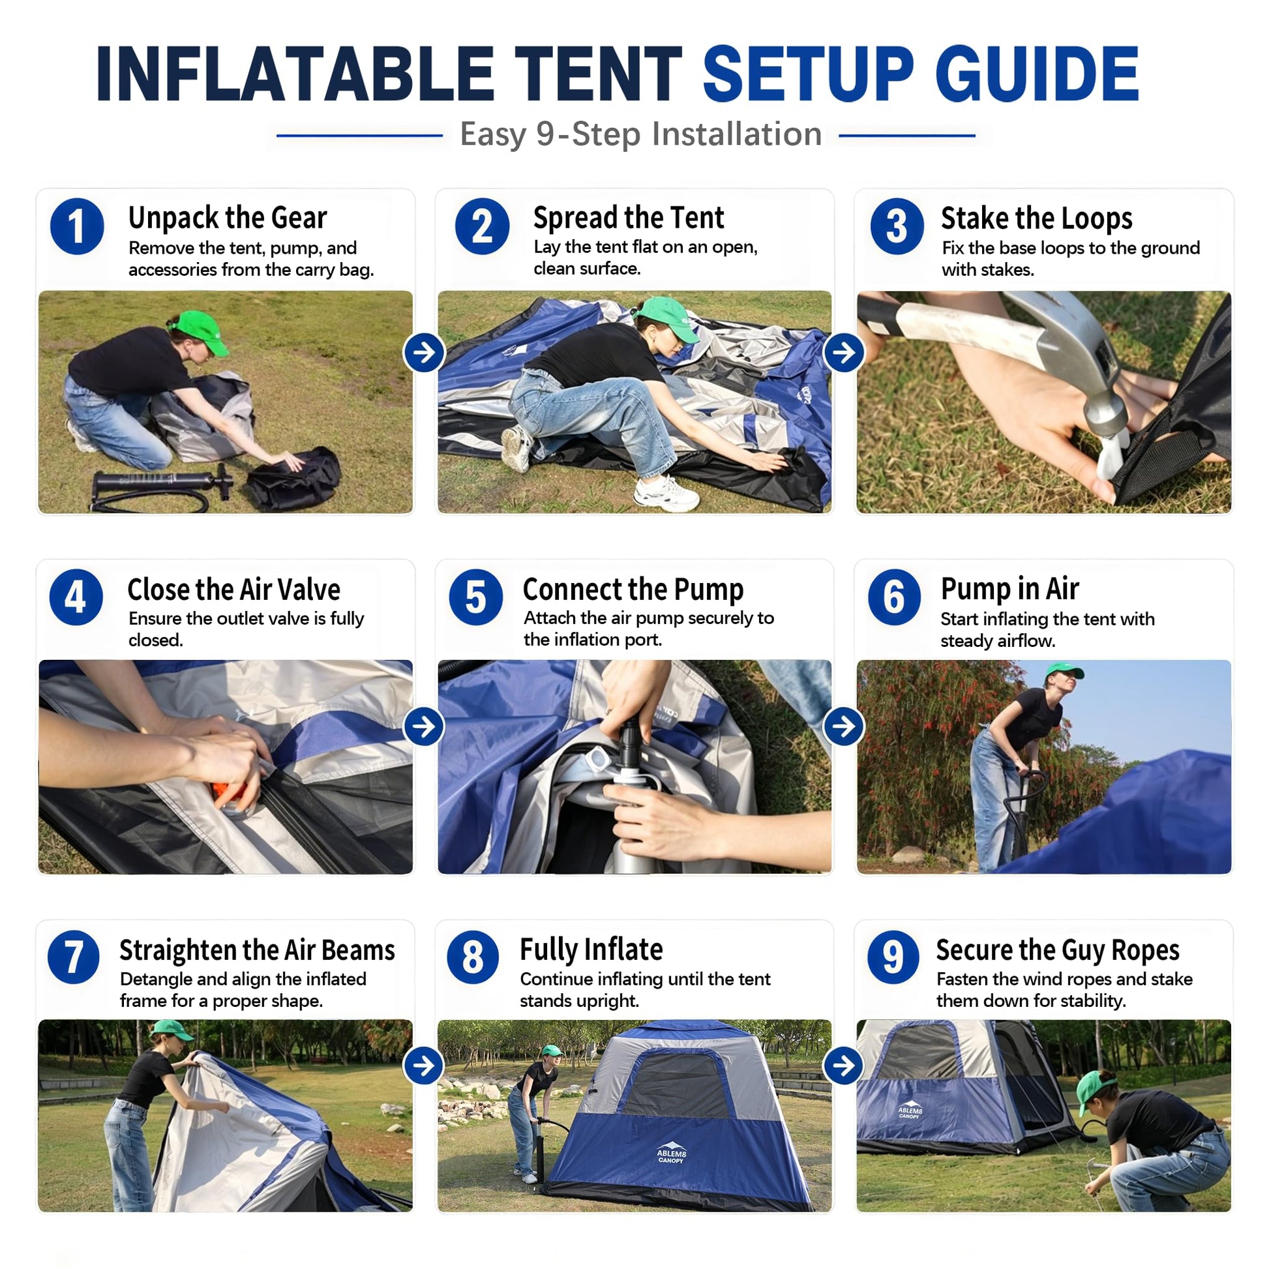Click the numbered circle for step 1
coord(77,227)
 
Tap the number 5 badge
coord(475,597)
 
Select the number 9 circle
coord(893,957)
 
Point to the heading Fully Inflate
coord(591,949)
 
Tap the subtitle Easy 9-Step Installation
coord(640,134)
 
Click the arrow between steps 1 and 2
coord(425,353)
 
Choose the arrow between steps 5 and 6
coord(844,726)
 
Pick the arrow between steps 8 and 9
coord(844,1066)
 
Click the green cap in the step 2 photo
coord(666,318)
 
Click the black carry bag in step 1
coord(294,478)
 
